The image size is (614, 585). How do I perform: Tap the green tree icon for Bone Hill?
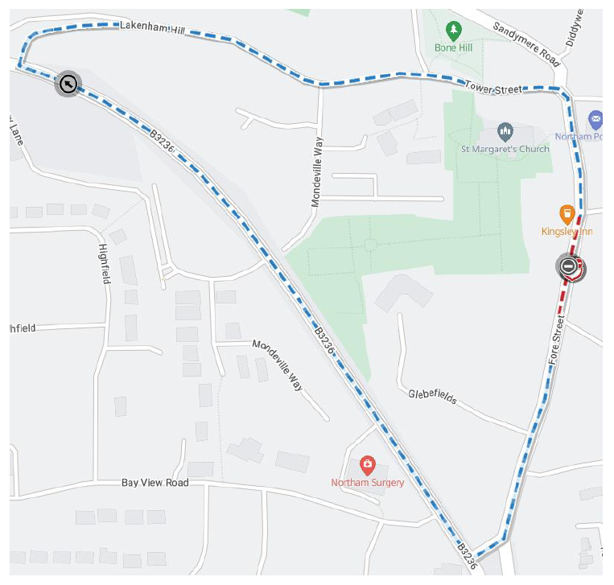point(454,31)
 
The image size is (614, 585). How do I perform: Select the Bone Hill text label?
point(454,48)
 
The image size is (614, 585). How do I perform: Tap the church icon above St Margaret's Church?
point(505,131)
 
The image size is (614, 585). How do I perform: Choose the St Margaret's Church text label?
point(505,149)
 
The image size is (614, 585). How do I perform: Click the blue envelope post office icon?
point(595,120)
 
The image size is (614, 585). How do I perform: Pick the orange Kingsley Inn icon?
point(567,214)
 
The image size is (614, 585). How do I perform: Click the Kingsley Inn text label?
point(567,232)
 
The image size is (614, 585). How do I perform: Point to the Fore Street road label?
point(558,342)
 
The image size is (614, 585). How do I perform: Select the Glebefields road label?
point(432,394)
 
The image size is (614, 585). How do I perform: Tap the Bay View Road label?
point(155,483)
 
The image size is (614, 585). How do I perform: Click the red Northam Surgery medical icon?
point(368,465)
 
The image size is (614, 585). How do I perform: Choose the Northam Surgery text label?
point(368,483)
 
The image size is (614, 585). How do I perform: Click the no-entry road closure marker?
point(570,266)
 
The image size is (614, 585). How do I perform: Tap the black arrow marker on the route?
point(68,83)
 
